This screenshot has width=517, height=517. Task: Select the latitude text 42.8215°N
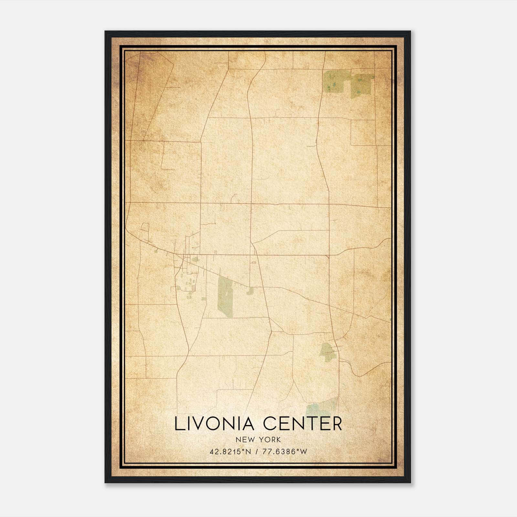coord(230,452)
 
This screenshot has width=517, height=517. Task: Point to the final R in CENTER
coord(337,424)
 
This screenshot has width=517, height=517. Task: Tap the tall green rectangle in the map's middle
coord(225,296)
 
